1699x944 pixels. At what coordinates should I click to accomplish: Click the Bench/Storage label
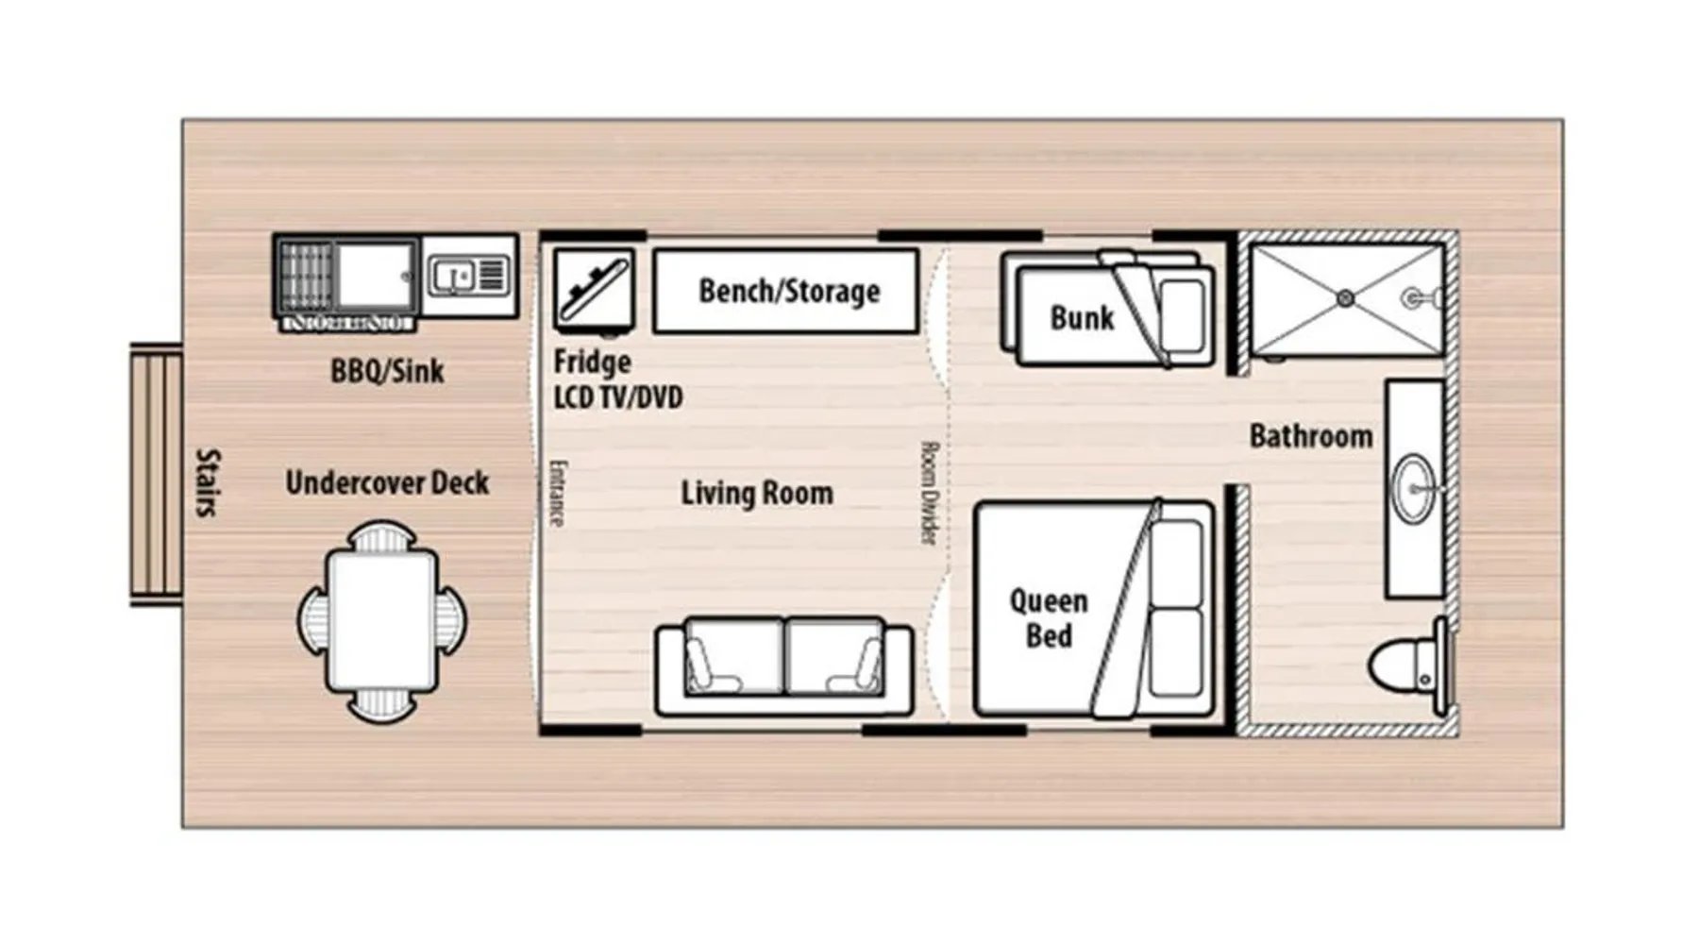[x=789, y=292]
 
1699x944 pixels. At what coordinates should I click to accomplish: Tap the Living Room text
[x=757, y=493]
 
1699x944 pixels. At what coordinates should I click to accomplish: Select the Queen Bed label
[x=1049, y=618]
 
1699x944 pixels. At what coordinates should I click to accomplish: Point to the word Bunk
[x=1082, y=318]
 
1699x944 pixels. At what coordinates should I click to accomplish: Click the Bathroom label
[x=1311, y=436]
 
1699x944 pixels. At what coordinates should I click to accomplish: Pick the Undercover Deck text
[x=387, y=483]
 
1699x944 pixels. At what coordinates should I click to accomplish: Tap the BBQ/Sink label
[x=387, y=371]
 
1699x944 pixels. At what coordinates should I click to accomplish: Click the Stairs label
[x=207, y=482]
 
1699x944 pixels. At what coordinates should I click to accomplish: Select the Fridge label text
[x=592, y=362]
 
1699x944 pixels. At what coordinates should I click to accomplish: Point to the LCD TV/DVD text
[x=618, y=397]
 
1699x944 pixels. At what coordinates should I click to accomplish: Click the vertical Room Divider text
[x=929, y=493]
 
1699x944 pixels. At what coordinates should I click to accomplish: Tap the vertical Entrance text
[x=557, y=493]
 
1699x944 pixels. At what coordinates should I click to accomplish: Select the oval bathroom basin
[x=1414, y=488]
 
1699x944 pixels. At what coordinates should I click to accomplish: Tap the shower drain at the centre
[x=1346, y=299]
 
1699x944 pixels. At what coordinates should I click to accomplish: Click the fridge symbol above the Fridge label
[x=594, y=291]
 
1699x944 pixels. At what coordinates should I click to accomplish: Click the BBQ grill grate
[x=306, y=277]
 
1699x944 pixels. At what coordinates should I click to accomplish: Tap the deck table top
[x=382, y=621]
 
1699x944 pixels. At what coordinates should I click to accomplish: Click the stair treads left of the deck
[x=156, y=474]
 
